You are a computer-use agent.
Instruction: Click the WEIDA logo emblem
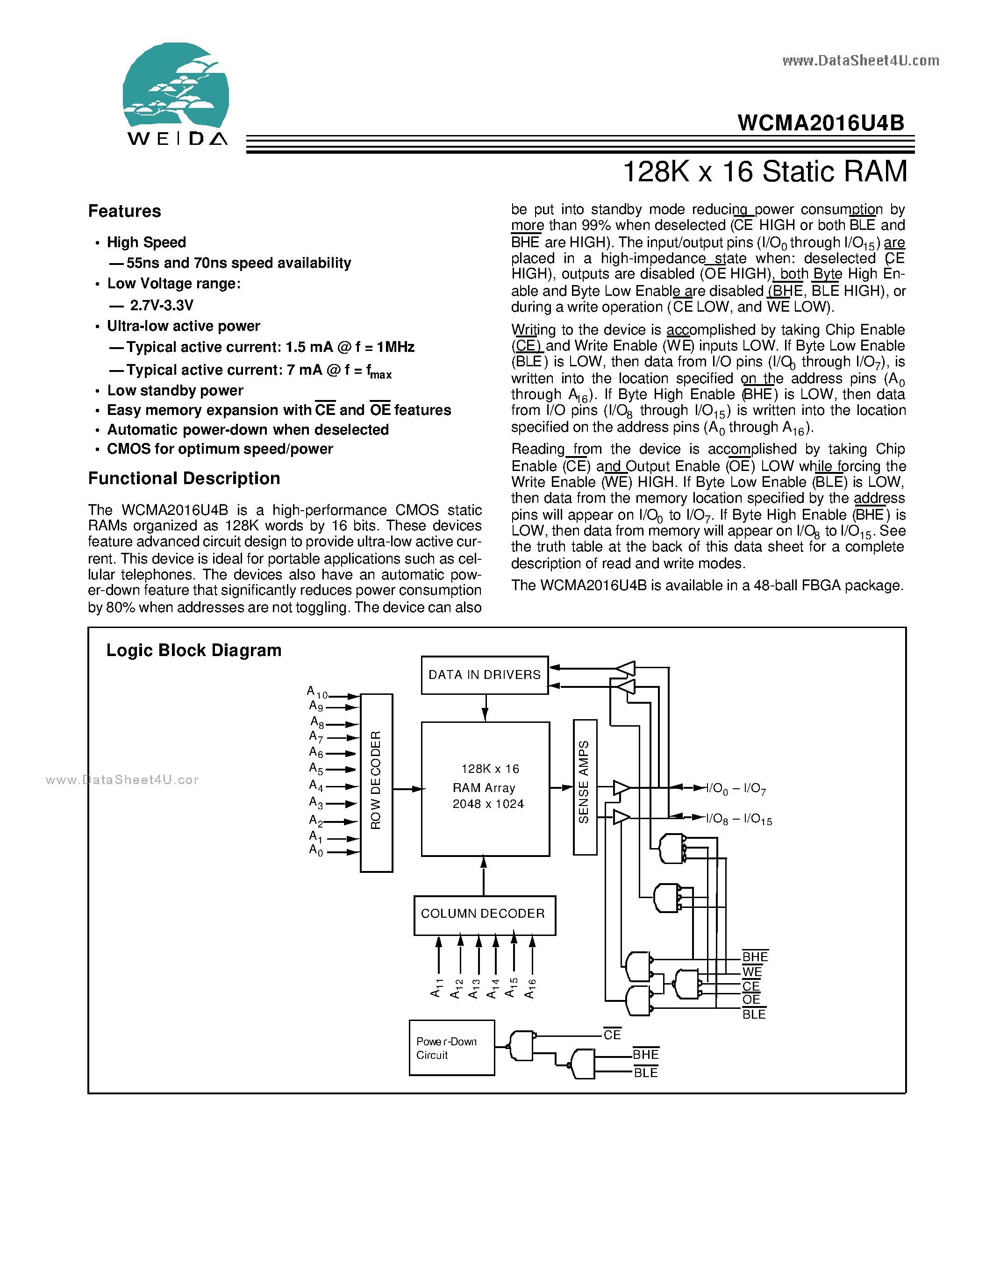click(175, 86)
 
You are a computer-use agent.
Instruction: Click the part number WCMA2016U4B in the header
click(820, 123)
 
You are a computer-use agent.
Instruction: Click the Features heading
click(124, 211)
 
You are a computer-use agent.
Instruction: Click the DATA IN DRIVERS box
click(484, 675)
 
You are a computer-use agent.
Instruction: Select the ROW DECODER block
click(376, 783)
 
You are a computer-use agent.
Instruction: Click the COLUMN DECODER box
click(484, 914)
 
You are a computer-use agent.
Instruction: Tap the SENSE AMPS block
click(584, 786)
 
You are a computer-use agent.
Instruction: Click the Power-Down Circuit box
click(451, 1048)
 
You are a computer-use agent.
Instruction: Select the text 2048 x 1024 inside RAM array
click(488, 804)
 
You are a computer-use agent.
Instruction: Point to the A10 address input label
click(316, 692)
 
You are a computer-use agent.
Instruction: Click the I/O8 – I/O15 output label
click(738, 819)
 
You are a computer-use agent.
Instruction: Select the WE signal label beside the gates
click(751, 971)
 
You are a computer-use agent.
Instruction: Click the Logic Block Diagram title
click(193, 650)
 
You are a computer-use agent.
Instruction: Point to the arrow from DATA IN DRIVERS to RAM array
click(485, 708)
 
